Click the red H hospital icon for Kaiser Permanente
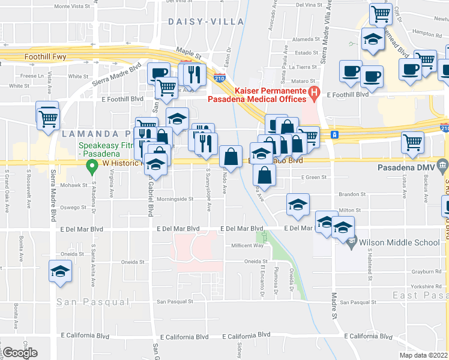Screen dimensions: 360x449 coord(313,92)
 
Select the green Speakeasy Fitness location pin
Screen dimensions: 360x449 coord(92,165)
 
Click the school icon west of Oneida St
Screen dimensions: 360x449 coord(59,271)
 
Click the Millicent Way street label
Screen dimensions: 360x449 coord(247,245)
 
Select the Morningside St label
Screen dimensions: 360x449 coord(175,199)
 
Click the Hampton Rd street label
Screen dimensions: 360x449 coord(428,35)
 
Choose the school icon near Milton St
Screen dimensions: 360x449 coord(298,205)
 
